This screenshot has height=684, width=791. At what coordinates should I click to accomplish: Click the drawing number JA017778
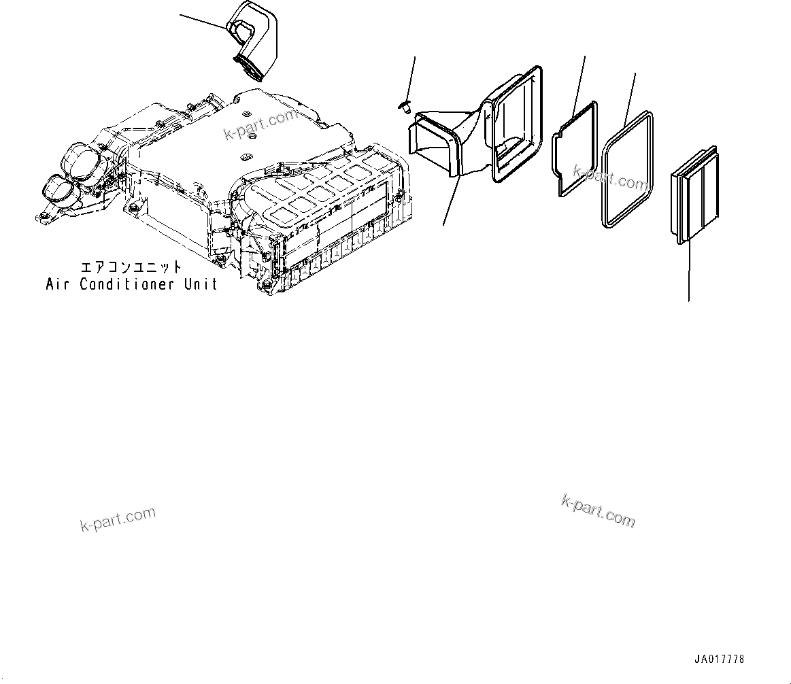[x=719, y=660]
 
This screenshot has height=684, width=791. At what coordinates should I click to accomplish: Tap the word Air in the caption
[x=58, y=284]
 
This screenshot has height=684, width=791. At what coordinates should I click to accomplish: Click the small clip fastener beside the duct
[x=403, y=106]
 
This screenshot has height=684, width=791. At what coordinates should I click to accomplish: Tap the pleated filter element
[x=692, y=196]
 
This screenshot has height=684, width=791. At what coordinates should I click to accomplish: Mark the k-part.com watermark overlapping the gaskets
[x=610, y=178]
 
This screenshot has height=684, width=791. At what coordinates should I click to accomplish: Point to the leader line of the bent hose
[x=203, y=20]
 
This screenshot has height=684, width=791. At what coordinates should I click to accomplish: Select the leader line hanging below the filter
[x=689, y=272]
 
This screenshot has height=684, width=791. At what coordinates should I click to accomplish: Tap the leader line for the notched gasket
[x=579, y=82]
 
